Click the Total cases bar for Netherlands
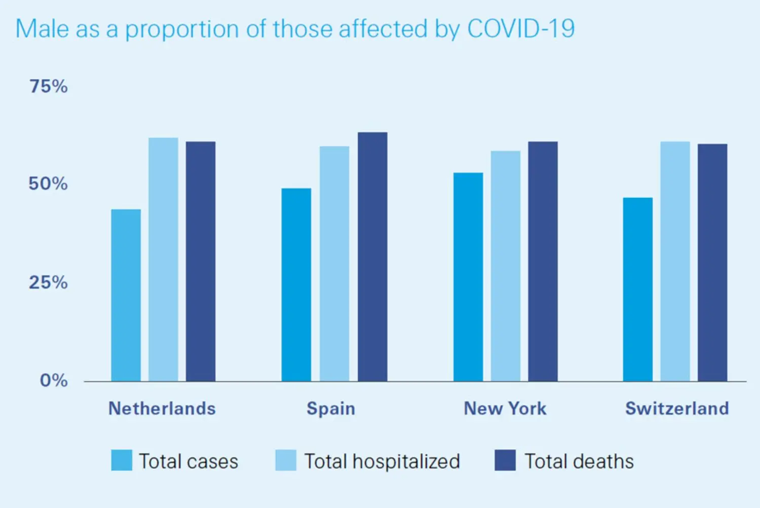pyautogui.click(x=126, y=295)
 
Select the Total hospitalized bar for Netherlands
pyautogui.click(x=163, y=260)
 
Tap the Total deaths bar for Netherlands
pyautogui.click(x=201, y=262)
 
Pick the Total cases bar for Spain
pyautogui.click(x=296, y=285)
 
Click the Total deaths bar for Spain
pyautogui.click(x=372, y=257)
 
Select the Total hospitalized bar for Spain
pyautogui.click(x=334, y=264)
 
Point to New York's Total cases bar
pyautogui.click(x=468, y=277)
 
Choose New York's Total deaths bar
pyautogui.click(x=543, y=262)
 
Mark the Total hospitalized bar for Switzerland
pyautogui.click(x=675, y=262)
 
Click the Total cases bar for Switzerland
pyautogui.click(x=638, y=289)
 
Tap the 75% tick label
pyautogui.click(x=48, y=87)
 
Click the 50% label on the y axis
pyautogui.click(x=48, y=184)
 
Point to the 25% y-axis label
pyautogui.click(x=48, y=282)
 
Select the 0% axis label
pyautogui.click(x=54, y=380)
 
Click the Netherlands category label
pyautogui.click(x=162, y=409)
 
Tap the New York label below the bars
pyautogui.click(x=505, y=409)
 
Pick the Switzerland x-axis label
pyautogui.click(x=677, y=409)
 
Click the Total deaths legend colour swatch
pyautogui.click(x=505, y=460)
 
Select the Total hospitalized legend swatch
pyautogui.click(x=286, y=460)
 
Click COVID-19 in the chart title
pyautogui.click(x=521, y=29)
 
